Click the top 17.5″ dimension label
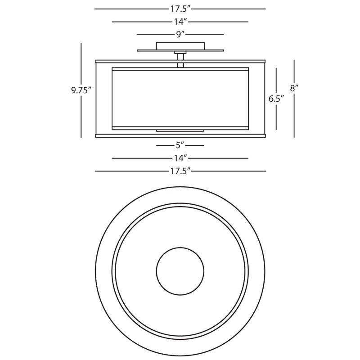point(180,9)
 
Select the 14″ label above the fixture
point(180,22)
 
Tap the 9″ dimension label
point(180,35)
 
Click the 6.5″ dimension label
point(276,99)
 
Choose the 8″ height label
point(294,88)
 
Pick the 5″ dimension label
point(180,145)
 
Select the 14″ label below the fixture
point(180,158)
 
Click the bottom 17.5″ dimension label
point(180,171)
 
